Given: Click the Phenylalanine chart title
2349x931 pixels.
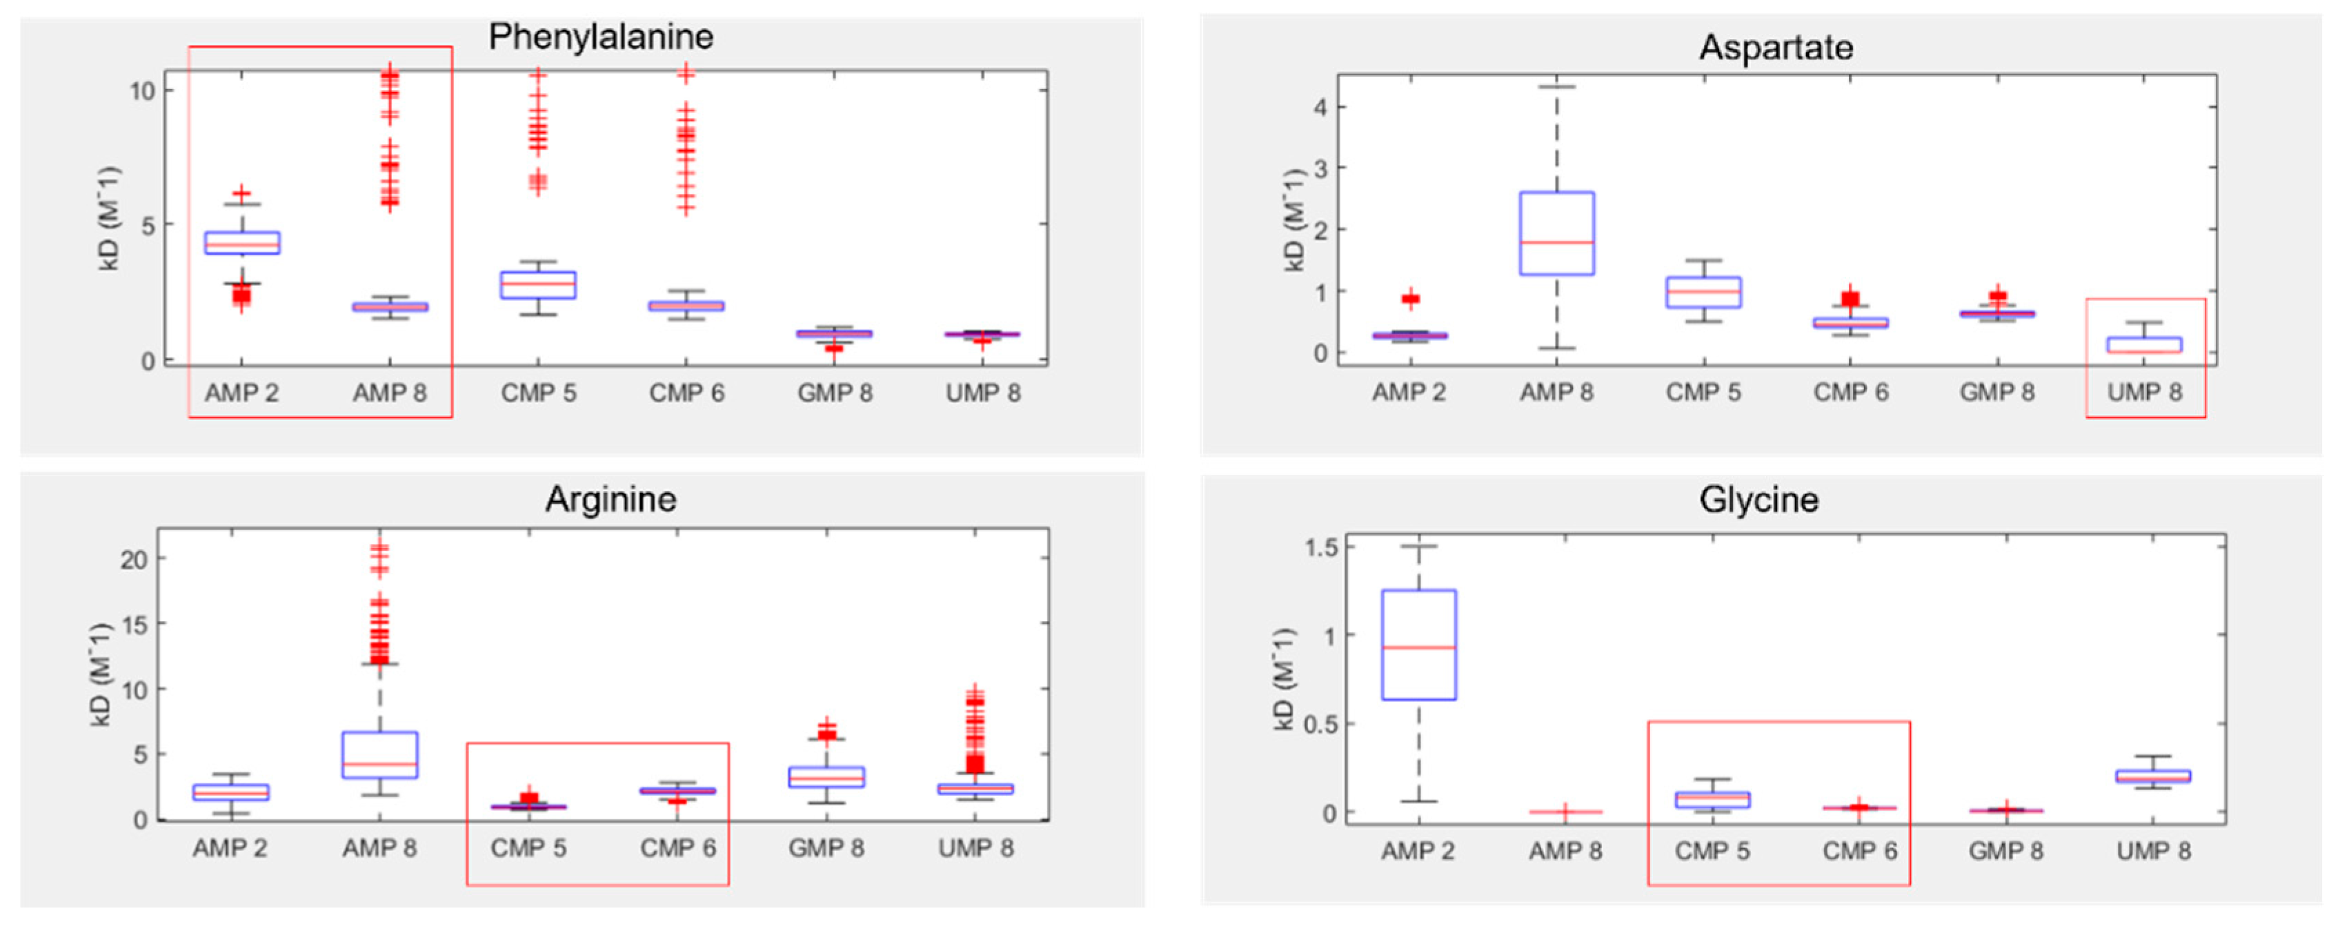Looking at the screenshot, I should [600, 37].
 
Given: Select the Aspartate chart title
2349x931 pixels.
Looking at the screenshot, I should [1776, 48].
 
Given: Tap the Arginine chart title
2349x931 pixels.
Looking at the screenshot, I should [611, 500].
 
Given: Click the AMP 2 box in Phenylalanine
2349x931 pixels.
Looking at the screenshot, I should [241, 242].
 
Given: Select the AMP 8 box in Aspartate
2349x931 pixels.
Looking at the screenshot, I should [1556, 233].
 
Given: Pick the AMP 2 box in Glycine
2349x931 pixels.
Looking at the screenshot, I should [1419, 645].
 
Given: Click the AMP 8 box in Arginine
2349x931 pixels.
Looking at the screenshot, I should [379, 754].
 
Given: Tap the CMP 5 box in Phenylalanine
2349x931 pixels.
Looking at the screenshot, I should [538, 284].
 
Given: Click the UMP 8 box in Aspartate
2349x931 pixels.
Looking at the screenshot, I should [2145, 344].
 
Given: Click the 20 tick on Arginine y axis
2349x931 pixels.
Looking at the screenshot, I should [133, 560].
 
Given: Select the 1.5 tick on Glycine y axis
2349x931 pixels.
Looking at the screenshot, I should [1320, 547].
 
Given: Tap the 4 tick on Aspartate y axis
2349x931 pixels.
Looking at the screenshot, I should [1320, 107].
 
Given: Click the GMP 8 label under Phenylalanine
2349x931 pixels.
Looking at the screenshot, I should [834, 393].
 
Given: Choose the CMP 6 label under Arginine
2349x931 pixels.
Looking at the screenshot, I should [677, 848].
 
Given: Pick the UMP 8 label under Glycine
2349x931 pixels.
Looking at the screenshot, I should [2153, 851].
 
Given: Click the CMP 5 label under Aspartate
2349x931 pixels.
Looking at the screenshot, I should [1703, 392].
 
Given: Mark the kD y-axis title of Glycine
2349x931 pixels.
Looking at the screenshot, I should [1284, 678].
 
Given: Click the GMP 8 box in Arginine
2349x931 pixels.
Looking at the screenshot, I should [826, 777].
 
